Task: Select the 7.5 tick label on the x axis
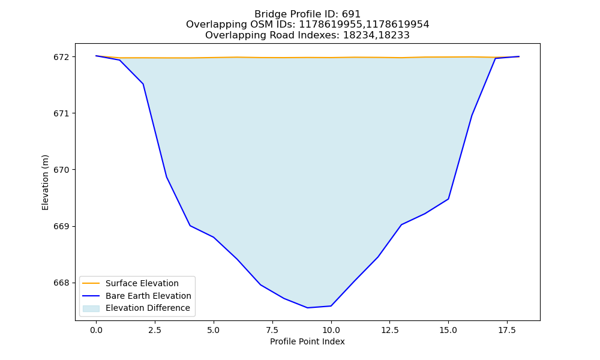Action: coord(272,330)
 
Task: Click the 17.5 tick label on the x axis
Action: coord(507,330)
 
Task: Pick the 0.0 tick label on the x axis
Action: coord(96,330)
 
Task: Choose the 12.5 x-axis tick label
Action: coord(389,330)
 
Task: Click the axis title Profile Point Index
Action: coord(307,341)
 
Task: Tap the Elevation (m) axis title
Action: coord(45,182)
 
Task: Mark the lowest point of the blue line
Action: coord(307,308)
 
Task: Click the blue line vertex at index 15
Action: coord(448,199)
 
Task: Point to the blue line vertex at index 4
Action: coord(190,226)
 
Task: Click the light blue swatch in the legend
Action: coord(91,308)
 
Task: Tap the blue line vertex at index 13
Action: coord(401,224)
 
